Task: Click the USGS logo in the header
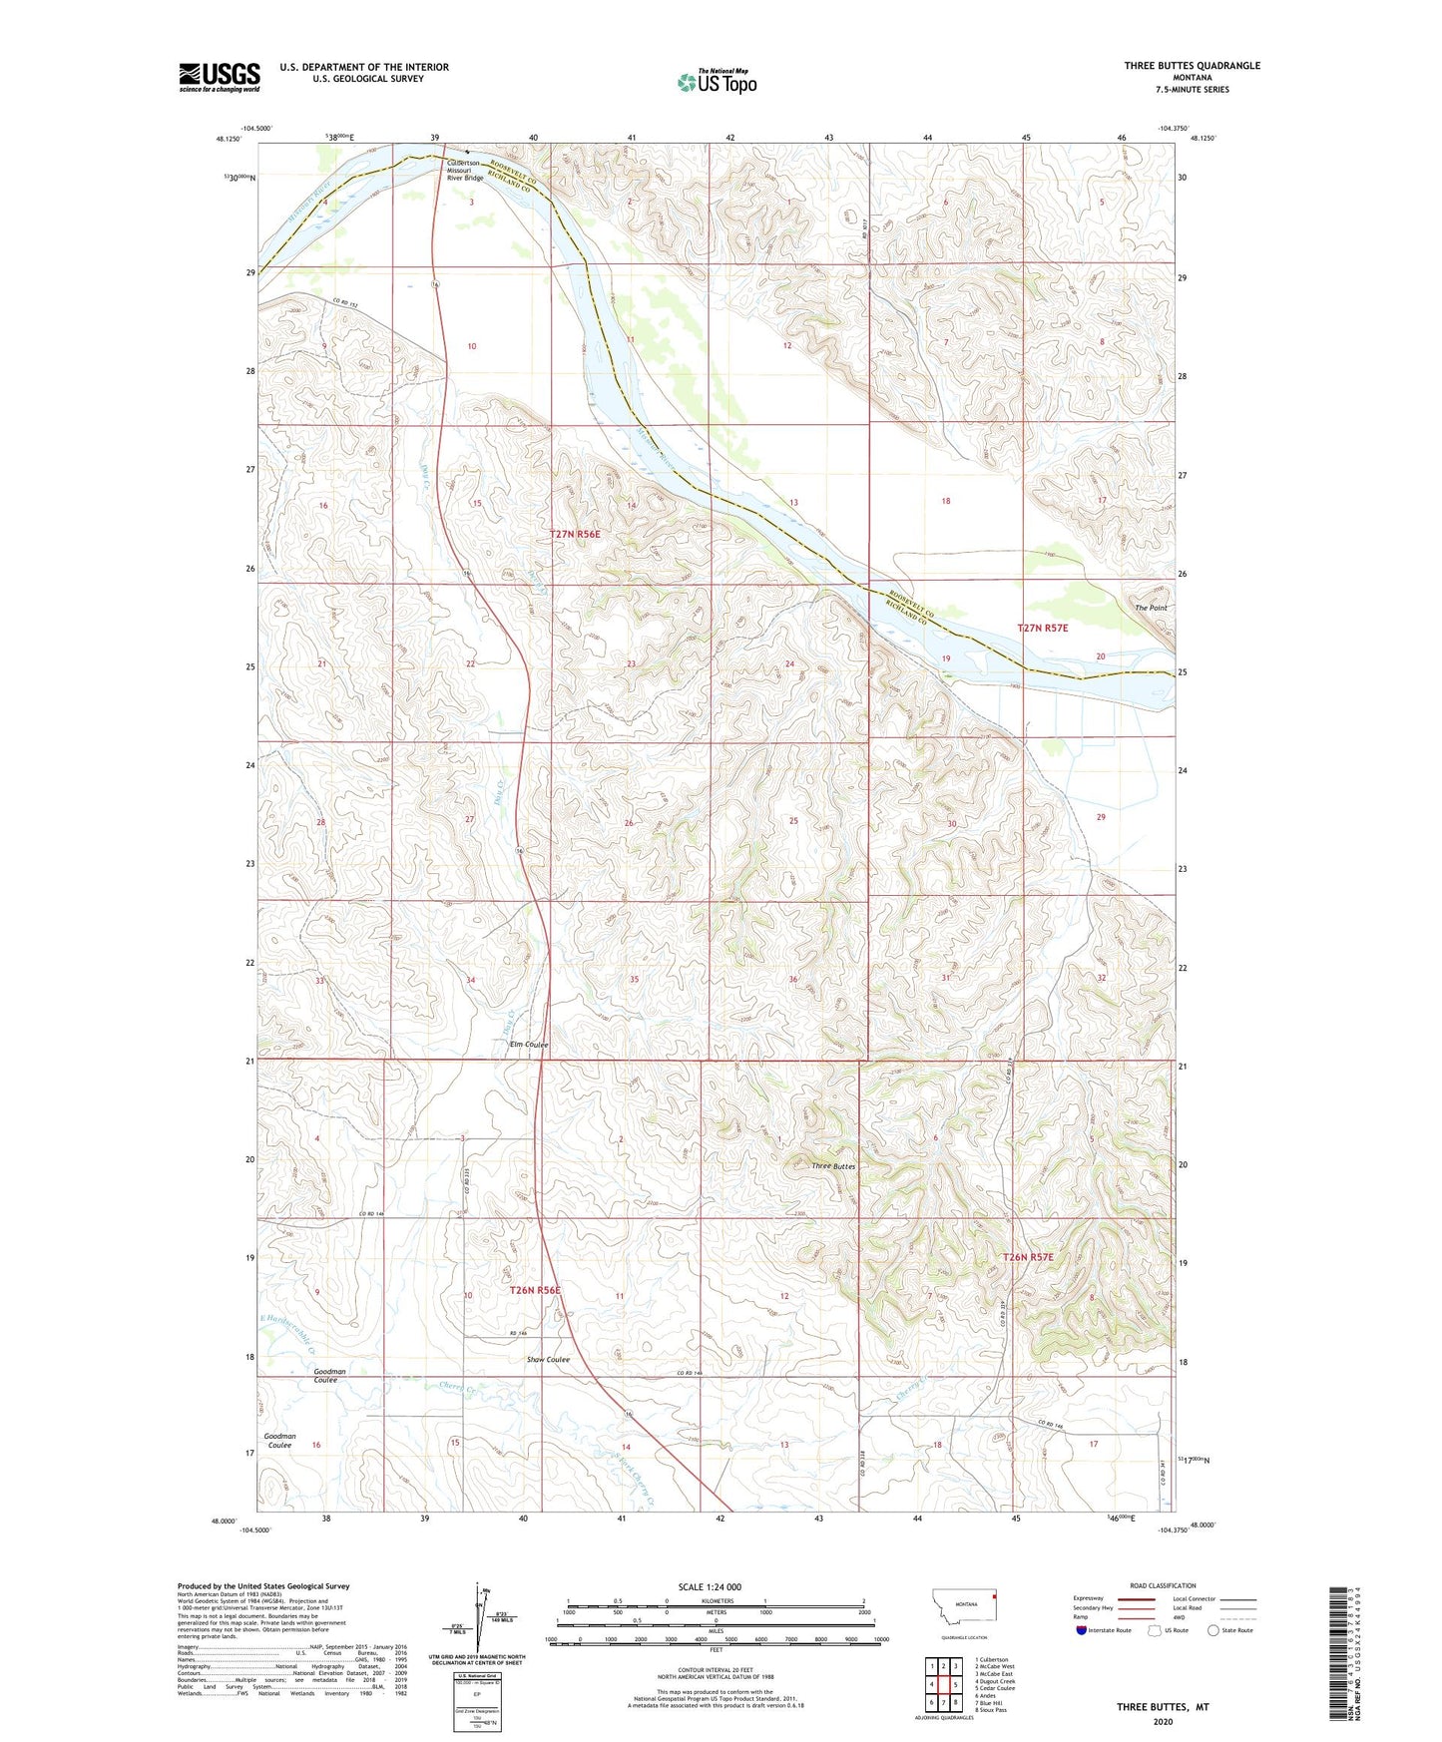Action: coord(220,77)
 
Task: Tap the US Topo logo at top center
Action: coord(717,82)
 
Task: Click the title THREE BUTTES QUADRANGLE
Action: coord(1192,66)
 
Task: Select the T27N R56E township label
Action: coord(576,534)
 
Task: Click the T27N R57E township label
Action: coord(1042,628)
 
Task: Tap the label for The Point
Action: coord(1150,608)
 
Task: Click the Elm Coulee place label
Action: coord(529,1045)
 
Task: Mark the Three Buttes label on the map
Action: coord(832,1166)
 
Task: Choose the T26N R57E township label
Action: coord(1028,1257)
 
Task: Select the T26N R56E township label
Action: coord(535,1290)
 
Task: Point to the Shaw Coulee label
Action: coord(548,1360)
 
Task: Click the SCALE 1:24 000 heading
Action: coord(709,1586)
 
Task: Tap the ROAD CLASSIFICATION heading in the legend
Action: coord(1163,1585)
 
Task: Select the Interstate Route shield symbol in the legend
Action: coord(1082,1630)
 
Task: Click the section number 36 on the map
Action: coord(794,979)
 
